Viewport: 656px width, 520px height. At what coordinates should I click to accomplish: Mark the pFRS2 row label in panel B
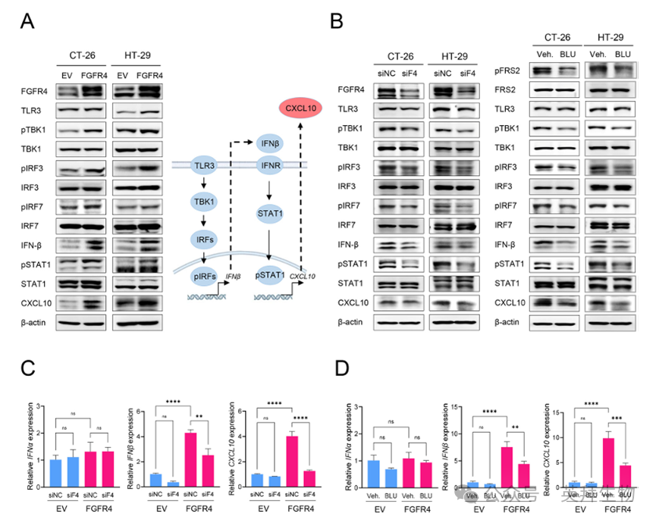(508, 70)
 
